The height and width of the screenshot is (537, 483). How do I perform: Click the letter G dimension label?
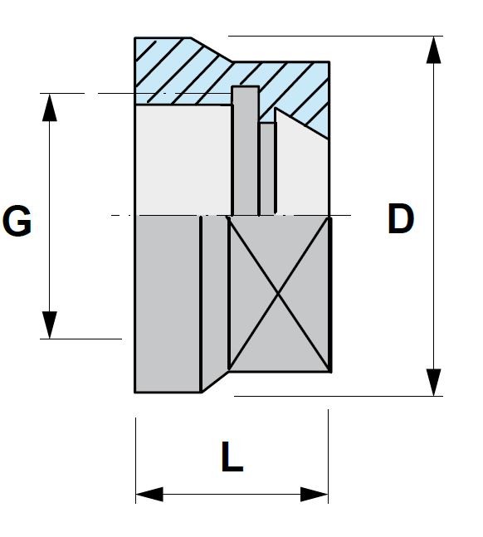pyautogui.click(x=17, y=221)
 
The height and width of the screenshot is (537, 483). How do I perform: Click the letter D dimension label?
pyautogui.click(x=401, y=219)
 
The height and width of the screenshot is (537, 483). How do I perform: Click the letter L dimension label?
pyautogui.click(x=232, y=456)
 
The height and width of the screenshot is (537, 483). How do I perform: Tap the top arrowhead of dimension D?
pyautogui.click(x=434, y=50)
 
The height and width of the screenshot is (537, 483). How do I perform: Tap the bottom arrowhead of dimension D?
pyautogui.click(x=434, y=382)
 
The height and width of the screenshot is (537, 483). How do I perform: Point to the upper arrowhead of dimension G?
pyautogui.click(x=50, y=107)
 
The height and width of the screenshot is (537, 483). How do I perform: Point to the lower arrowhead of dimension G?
pyautogui.click(x=50, y=325)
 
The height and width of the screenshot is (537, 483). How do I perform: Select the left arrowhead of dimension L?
pyautogui.click(x=149, y=494)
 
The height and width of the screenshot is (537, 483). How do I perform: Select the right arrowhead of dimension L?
pyautogui.click(x=315, y=494)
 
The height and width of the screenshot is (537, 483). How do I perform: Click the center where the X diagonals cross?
pyautogui.click(x=278, y=294)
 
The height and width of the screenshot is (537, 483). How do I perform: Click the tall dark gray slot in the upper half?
pyautogui.click(x=246, y=151)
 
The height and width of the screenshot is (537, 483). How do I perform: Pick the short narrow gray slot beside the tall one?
pyautogui.click(x=267, y=168)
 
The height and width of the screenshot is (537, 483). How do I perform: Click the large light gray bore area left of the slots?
pyautogui.click(x=184, y=160)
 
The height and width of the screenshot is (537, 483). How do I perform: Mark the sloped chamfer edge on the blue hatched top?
pyautogui.click(x=212, y=50)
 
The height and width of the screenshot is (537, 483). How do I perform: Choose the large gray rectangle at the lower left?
pyautogui.click(x=168, y=304)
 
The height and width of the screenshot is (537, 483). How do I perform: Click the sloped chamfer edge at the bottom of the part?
pyautogui.click(x=215, y=382)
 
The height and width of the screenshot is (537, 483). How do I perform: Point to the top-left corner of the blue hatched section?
pyautogui.click(x=135, y=37)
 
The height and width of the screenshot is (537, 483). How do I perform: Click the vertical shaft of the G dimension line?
pyautogui.click(x=50, y=216)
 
